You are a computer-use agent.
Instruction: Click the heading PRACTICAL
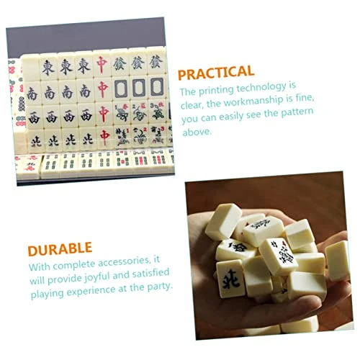click(216, 72)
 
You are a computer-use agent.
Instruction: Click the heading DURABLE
click(61, 251)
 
